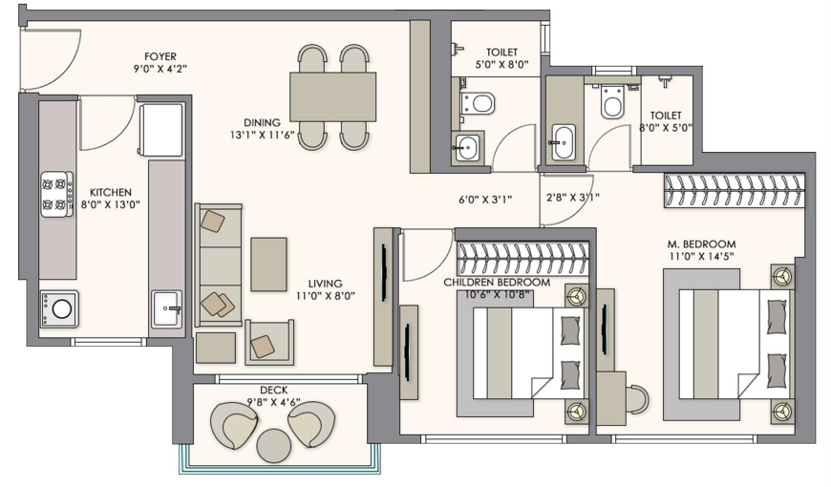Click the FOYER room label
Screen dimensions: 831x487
coord(160,56)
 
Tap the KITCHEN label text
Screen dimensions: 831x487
coord(110,192)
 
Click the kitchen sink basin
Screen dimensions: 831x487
coord(167,308)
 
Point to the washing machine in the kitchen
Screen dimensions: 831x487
coord(59,309)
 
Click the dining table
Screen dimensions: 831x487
coord(332,97)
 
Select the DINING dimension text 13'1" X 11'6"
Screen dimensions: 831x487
coord(262,135)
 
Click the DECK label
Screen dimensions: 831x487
coord(273,391)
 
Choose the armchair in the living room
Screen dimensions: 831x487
coord(269,342)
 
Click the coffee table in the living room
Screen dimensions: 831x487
coord(268,264)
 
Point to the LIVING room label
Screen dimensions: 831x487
coord(325,284)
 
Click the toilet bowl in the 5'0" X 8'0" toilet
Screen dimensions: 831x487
coord(478,103)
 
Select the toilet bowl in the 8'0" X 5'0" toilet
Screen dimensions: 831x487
coord(611,100)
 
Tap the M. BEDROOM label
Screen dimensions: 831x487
coord(701,244)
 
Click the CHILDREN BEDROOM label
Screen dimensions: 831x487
coord(497,283)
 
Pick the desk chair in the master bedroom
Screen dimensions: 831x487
coord(637,399)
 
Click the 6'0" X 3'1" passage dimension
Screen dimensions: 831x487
coord(485,200)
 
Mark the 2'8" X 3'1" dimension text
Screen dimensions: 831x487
coord(572,198)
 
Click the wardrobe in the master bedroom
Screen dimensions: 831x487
coord(735,191)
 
